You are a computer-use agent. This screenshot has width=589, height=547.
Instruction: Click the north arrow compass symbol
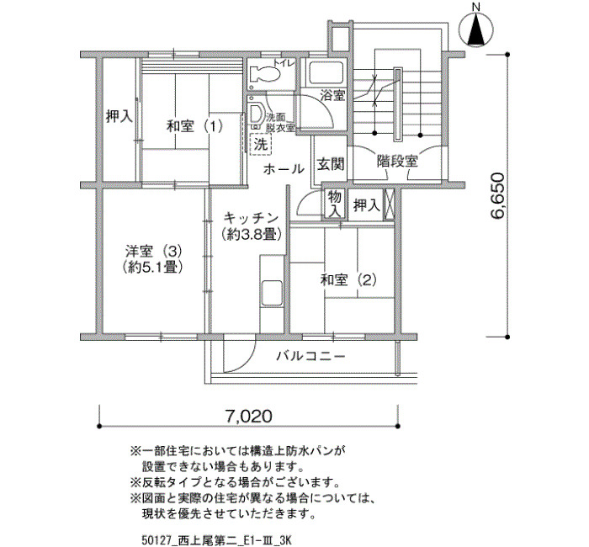point(476,28)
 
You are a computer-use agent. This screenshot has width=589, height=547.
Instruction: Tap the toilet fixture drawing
point(265,74)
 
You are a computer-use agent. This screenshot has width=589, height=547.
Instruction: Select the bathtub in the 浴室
point(326,72)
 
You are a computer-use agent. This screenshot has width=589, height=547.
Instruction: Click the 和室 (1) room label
point(194,126)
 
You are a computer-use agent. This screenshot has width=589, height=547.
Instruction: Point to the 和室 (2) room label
point(348,280)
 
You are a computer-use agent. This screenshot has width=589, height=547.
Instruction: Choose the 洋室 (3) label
point(154,250)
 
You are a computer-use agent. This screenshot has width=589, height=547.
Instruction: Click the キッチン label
point(251,218)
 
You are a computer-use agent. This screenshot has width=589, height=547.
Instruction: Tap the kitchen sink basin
point(272,293)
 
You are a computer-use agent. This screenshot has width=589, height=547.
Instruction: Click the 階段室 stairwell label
point(397,162)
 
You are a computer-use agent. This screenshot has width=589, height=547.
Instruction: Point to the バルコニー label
point(310,355)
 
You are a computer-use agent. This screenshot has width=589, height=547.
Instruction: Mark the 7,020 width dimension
point(248,416)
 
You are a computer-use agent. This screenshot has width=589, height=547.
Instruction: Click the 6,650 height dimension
point(496,195)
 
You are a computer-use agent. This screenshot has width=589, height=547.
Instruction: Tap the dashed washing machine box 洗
point(260,143)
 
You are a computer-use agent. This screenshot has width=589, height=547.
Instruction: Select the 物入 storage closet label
point(335,204)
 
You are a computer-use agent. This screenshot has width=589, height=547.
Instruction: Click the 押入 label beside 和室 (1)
point(119,116)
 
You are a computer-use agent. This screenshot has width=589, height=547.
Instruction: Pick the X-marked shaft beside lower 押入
point(389,204)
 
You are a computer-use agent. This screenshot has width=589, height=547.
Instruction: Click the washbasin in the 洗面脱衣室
point(257,113)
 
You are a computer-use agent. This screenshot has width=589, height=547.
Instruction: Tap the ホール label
point(284,169)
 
